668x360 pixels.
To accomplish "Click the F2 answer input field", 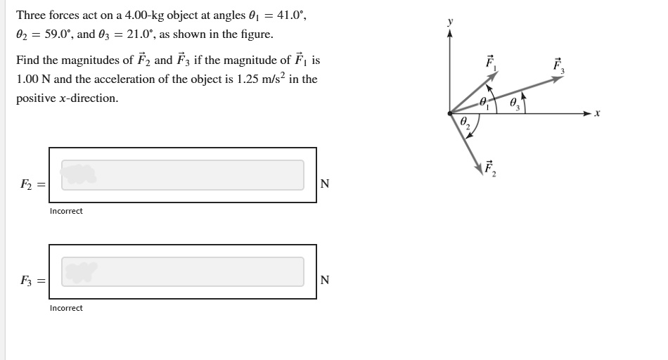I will tap(183, 175).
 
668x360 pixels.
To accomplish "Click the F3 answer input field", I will tap(183, 271).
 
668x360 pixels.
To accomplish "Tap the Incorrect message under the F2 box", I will tap(66, 211).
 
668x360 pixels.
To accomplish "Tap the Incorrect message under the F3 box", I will tap(66, 308).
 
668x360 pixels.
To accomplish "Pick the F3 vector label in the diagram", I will tap(558, 65).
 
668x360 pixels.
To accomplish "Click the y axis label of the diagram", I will tap(451, 22).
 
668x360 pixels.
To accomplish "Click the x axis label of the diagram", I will tap(597, 112).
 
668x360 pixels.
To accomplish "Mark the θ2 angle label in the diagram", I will tap(465, 124).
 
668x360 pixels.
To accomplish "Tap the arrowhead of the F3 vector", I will tap(560, 79).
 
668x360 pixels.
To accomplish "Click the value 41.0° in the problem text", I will tap(292, 15).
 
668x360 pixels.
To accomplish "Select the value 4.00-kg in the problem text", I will tap(147, 15).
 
